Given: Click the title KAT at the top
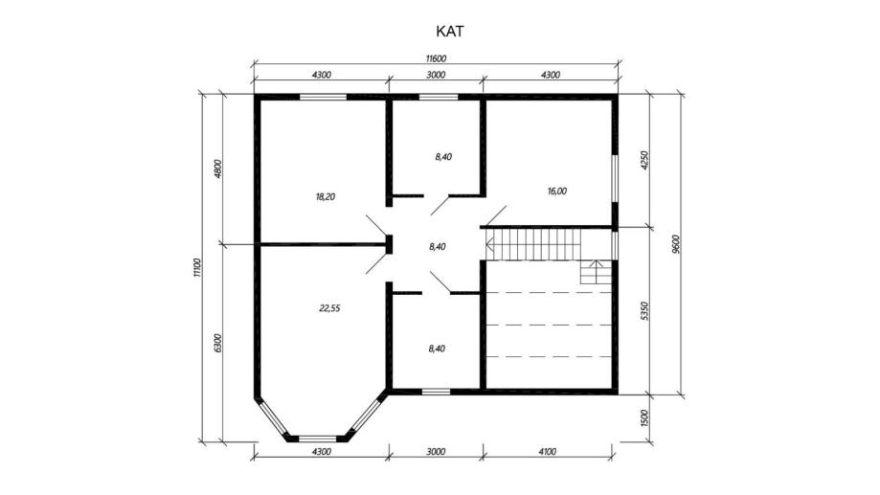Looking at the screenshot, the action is tap(450, 32).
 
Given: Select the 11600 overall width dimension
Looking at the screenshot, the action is tap(436, 58).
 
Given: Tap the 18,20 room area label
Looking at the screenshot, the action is tap(326, 197).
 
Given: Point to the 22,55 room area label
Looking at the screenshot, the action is tap(330, 308).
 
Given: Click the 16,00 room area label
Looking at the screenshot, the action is tap(557, 191).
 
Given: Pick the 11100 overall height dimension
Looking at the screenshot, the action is tap(196, 268).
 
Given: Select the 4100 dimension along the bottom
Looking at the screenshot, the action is tap(547, 451).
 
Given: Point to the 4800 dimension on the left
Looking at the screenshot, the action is tap(218, 169).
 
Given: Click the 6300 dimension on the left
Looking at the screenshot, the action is tap(218, 343).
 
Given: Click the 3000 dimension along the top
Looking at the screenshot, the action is tap(436, 75).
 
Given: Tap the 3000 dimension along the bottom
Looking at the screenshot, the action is tap(436, 451).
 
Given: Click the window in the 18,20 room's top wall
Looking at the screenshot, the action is tap(323, 97).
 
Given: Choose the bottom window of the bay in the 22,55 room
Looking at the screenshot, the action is tap(317, 439).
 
